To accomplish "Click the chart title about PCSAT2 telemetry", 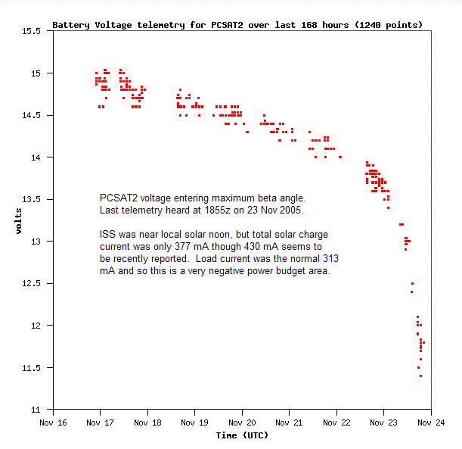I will pyautogui.click(x=237, y=25).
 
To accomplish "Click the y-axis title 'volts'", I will pyautogui.click(x=20, y=220).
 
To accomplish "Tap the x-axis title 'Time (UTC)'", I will pyautogui.click(x=241, y=435).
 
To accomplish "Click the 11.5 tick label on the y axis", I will pyautogui.click(x=32, y=368).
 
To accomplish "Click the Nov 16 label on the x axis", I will pyautogui.click(x=53, y=423).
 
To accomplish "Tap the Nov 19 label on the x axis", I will pyautogui.click(x=194, y=423).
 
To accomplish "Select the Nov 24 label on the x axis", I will pyautogui.click(x=430, y=423).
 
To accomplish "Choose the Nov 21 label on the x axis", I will pyautogui.click(x=289, y=423).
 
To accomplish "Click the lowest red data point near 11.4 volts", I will pyautogui.click(x=420, y=376).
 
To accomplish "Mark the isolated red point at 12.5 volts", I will pyautogui.click(x=412, y=284).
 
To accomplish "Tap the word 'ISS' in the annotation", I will pyautogui.click(x=107, y=235).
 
